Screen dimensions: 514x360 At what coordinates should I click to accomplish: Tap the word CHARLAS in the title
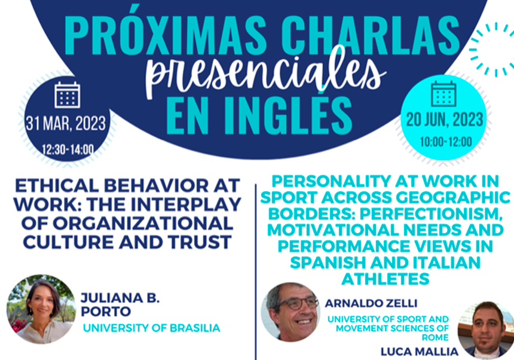coord(371,35)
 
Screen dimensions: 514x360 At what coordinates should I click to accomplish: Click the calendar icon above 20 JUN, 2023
coord(443,94)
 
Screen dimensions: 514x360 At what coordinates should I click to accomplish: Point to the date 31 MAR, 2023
coord(66,124)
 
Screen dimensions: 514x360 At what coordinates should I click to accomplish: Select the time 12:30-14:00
coord(68,150)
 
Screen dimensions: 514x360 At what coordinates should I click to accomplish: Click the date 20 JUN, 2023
coord(445,120)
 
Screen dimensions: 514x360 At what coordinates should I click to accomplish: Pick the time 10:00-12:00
coord(446,142)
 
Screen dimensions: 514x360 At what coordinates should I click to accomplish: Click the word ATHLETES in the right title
coord(385,279)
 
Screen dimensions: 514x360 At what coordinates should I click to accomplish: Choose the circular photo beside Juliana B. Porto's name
coord(41,309)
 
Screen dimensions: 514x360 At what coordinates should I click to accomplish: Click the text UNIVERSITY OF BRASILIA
coord(151,328)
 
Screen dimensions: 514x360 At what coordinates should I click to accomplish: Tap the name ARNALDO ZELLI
coord(371,303)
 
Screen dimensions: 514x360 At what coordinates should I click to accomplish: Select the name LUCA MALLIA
coord(419,352)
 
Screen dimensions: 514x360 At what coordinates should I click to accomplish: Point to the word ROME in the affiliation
coord(435,337)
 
